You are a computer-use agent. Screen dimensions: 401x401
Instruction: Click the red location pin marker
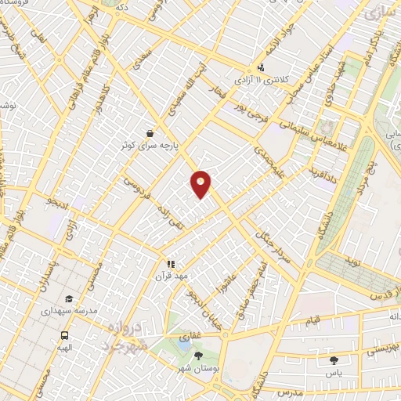(201, 182)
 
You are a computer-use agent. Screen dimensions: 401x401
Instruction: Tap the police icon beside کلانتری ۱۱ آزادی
(261, 67)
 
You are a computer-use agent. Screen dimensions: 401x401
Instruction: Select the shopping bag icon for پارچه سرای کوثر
(150, 133)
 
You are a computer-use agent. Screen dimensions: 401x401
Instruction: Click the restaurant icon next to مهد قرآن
(169, 265)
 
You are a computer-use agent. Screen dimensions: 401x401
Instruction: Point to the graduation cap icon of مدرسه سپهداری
(70, 298)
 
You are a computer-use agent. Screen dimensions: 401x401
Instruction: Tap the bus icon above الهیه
(63, 334)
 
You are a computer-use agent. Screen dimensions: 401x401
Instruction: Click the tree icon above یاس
(335, 361)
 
